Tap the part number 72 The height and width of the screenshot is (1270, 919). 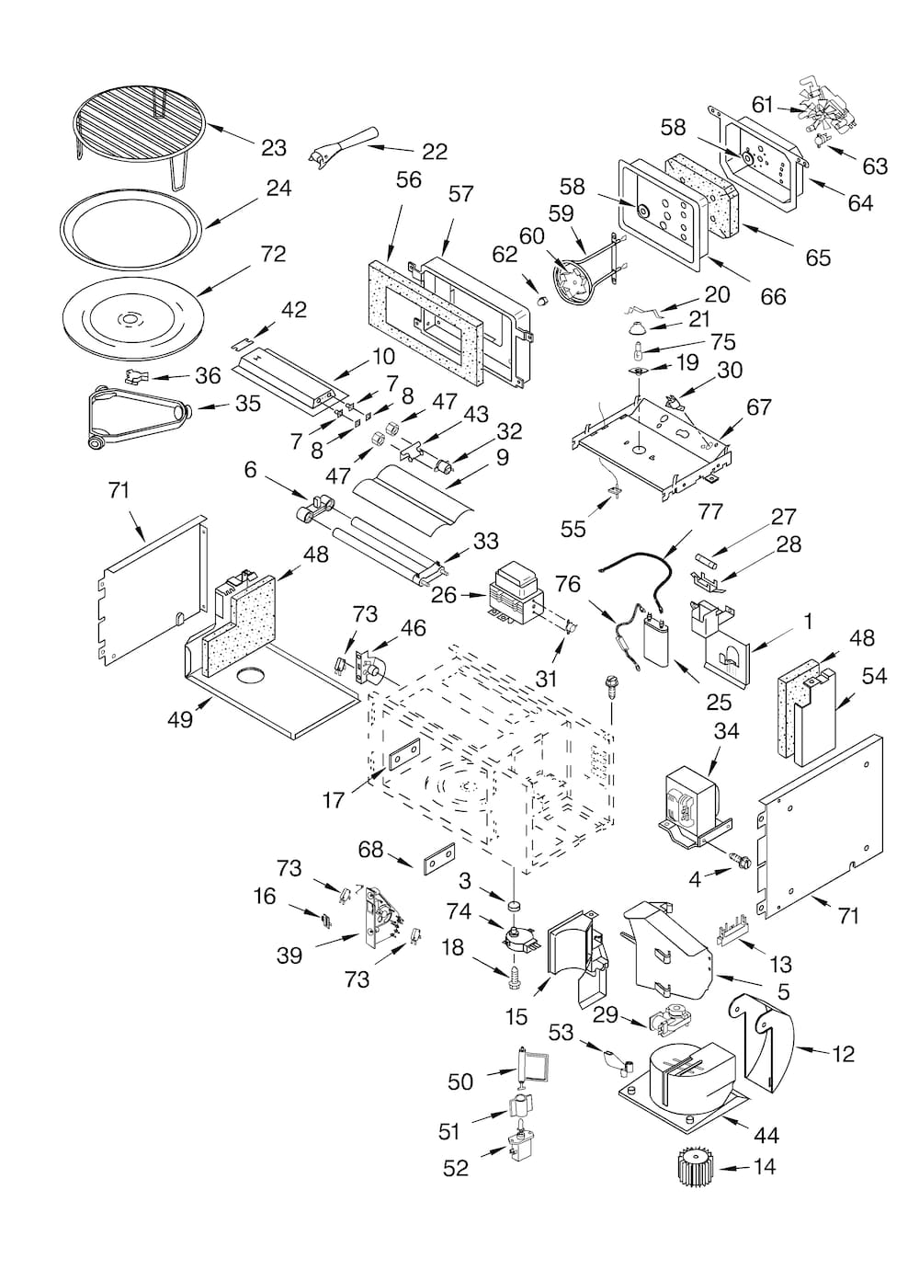click(x=273, y=254)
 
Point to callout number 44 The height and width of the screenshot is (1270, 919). click(x=766, y=1136)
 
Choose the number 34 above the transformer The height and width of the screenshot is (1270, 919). click(x=726, y=731)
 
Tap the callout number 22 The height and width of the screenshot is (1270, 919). click(x=434, y=152)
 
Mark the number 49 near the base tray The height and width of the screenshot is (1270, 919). click(x=180, y=719)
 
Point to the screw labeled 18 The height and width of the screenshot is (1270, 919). click(x=515, y=975)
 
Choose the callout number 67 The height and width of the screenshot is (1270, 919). click(x=758, y=406)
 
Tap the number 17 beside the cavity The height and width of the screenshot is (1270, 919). click(x=333, y=800)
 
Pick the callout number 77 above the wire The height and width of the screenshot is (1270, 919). click(x=710, y=511)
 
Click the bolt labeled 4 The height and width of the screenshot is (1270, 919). click(x=736, y=860)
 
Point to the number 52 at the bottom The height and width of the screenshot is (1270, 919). click(x=456, y=1168)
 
